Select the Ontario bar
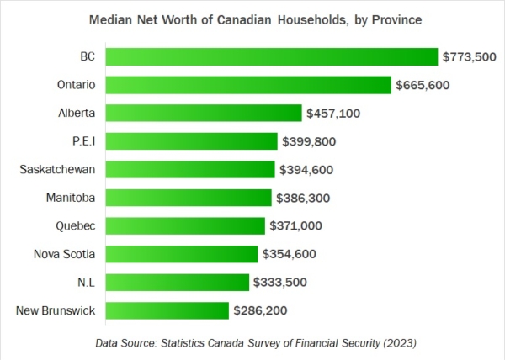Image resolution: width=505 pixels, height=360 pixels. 248,85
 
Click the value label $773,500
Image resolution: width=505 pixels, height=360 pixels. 472,56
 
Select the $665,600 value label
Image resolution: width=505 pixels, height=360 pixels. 426,85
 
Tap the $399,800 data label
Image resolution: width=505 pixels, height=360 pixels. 311,141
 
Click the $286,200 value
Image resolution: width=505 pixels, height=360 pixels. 261,310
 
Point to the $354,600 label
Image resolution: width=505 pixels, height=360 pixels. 290,254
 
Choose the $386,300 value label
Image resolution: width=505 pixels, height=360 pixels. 304,198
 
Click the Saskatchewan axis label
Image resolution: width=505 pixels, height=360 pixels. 57,169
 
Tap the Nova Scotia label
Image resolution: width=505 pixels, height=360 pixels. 64,254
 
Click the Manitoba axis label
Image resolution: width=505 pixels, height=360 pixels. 70,198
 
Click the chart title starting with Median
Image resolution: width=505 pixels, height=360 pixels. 252,19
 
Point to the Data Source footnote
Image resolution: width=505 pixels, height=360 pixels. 252,343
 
